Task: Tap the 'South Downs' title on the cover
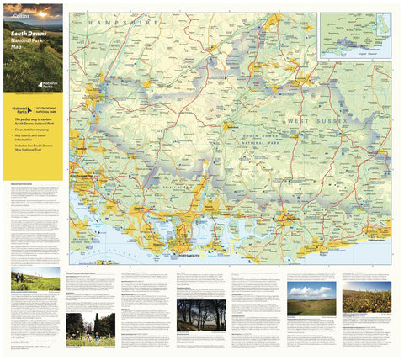tap(29, 35)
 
